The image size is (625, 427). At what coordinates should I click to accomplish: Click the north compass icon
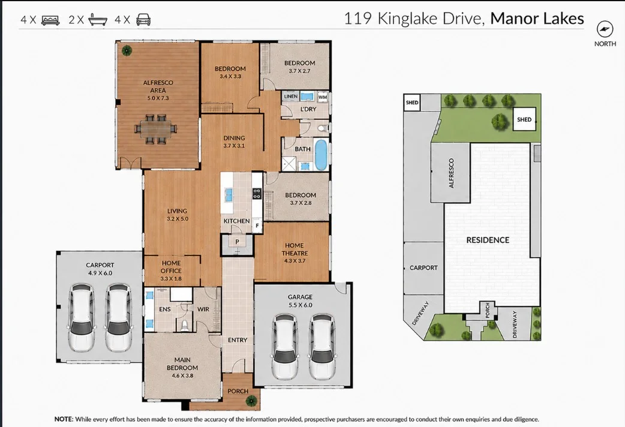point(605,29)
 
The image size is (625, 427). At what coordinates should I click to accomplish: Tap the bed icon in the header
point(50,20)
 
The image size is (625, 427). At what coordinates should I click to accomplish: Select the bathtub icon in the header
point(98,20)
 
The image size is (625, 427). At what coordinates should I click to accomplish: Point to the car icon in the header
point(143,20)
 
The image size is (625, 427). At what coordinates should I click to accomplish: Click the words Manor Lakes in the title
point(537,19)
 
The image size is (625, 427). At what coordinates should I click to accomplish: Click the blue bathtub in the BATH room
point(321,154)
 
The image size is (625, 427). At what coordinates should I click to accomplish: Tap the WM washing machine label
point(323,97)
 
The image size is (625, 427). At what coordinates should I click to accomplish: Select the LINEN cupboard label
point(290,97)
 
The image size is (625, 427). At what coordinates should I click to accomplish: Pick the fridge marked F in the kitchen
point(257,225)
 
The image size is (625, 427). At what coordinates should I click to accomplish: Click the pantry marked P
point(237,242)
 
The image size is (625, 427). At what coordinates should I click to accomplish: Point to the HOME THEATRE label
point(295,249)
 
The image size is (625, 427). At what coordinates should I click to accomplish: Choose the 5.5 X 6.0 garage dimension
point(300,305)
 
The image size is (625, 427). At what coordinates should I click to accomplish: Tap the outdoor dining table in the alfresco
point(156,129)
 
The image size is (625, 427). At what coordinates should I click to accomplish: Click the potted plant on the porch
point(251,401)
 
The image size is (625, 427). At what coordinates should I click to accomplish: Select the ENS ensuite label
point(164,309)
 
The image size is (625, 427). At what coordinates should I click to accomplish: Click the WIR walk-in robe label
point(203,309)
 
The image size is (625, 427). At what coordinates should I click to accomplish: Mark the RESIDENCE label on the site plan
point(488,240)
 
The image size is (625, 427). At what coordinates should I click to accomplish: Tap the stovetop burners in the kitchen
point(257,194)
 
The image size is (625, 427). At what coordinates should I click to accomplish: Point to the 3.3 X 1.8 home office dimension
point(171,279)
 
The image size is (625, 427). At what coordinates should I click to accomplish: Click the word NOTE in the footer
point(64,419)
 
